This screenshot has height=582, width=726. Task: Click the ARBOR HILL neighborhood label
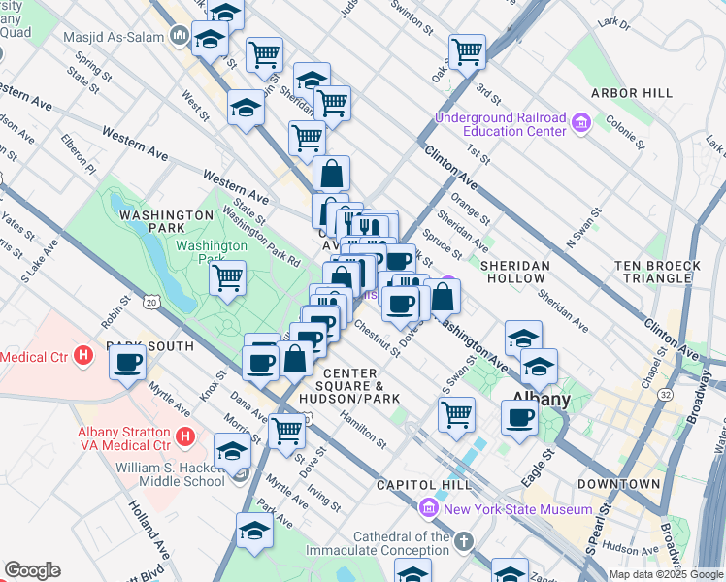tap(631, 93)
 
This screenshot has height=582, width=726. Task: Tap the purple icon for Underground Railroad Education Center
tap(581, 123)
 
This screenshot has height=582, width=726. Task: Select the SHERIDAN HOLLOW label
tap(513, 272)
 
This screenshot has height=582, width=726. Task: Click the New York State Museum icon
tap(428, 508)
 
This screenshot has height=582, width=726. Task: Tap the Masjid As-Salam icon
tap(179, 36)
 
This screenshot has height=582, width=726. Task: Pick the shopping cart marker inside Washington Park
tap(227, 279)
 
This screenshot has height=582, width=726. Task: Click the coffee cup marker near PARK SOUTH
tap(127, 364)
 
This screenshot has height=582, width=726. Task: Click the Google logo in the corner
tap(31, 570)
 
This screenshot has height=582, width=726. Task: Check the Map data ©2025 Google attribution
tap(665, 574)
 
